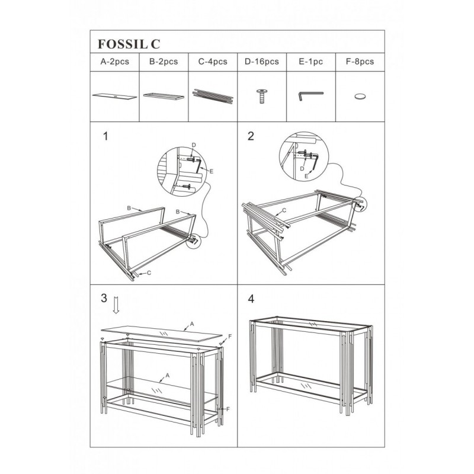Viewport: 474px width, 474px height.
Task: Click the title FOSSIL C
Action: click(129, 44)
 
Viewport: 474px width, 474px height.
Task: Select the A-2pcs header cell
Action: click(114, 62)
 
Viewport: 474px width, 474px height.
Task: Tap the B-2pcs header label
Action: click(164, 62)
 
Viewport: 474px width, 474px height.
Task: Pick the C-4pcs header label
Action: click(213, 62)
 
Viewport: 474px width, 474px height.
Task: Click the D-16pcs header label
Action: click(261, 62)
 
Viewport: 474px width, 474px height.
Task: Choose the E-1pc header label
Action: click(310, 62)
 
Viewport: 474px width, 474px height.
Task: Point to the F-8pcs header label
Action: click(360, 62)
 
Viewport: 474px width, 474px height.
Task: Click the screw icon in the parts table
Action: click(261, 96)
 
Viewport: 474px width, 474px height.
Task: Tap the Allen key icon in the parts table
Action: click(310, 95)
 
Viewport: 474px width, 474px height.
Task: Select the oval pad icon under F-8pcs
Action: click(360, 97)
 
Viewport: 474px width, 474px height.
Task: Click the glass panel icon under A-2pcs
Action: click(114, 97)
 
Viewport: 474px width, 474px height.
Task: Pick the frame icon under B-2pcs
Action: click(164, 96)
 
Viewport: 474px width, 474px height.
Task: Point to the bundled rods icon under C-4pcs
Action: click(213, 96)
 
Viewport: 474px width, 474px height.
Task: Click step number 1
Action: click(105, 136)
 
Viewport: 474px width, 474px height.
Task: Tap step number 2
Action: click(251, 136)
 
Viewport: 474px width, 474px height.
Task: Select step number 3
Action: click(104, 298)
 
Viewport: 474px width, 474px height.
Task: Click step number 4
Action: click(251, 299)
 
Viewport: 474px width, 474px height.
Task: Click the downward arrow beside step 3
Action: click(116, 305)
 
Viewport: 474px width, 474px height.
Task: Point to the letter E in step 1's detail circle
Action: click(212, 172)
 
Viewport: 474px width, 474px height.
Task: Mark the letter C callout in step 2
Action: click(284, 210)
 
